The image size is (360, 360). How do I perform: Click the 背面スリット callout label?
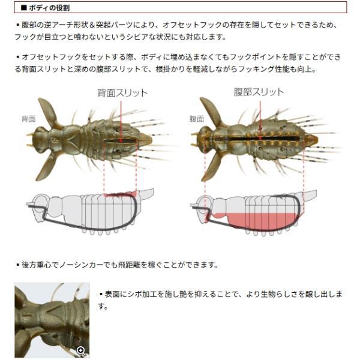tap(122, 93)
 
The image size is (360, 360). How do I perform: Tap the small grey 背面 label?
tap(28, 119)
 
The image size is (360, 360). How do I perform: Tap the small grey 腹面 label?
tap(196, 119)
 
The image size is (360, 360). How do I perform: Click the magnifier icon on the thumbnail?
tap(81, 350)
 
